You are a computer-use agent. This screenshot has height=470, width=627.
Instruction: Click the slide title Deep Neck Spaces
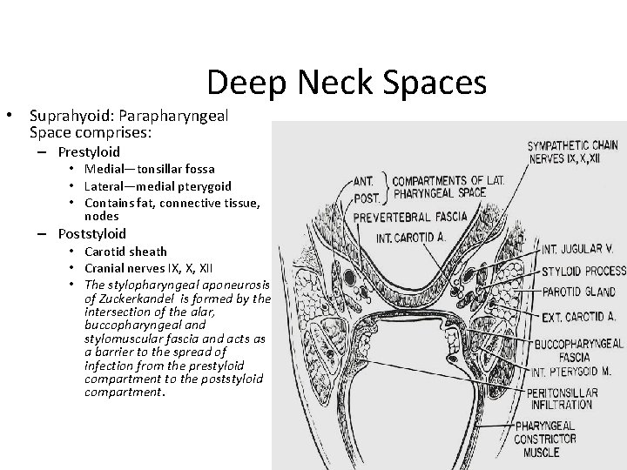[347, 82]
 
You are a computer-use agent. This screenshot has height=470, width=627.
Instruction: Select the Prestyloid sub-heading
[89, 151]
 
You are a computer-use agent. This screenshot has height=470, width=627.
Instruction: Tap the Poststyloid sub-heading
[91, 233]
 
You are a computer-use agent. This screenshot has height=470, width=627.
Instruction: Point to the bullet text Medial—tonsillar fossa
[150, 168]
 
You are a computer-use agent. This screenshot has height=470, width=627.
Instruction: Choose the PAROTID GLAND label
[576, 292]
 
